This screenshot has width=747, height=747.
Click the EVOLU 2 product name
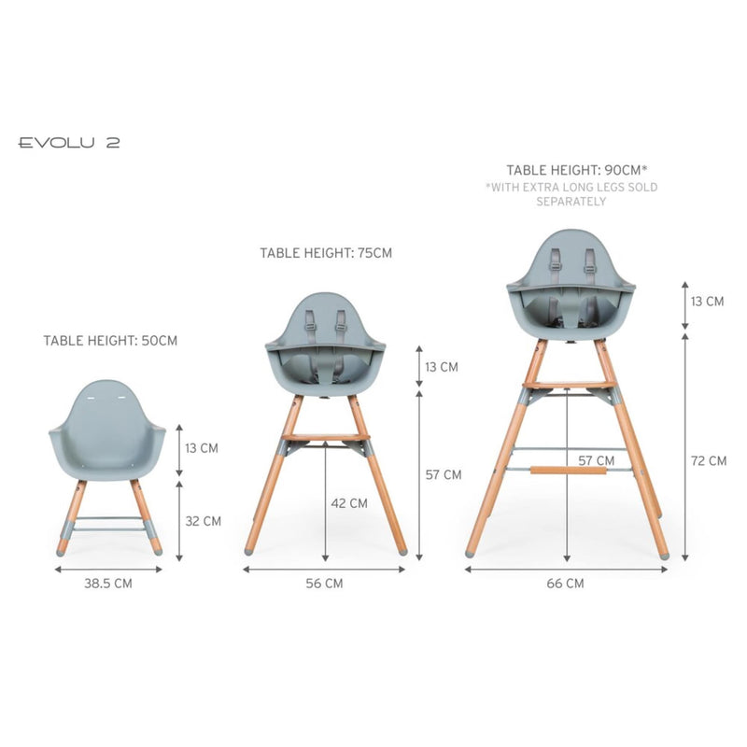coord(69,143)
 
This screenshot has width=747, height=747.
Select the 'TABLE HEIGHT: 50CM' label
coord(109,341)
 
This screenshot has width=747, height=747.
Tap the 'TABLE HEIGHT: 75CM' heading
coord(326,253)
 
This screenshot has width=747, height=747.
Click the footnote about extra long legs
coord(571,194)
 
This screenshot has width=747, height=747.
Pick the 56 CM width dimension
coord(324,584)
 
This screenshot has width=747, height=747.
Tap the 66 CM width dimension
coord(566,584)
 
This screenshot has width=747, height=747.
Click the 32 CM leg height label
coord(203,521)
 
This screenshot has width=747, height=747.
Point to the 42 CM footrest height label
coord(349,502)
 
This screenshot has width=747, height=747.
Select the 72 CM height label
coord(708,460)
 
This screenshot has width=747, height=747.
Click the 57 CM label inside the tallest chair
coord(596,460)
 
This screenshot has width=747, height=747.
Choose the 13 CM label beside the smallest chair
coord(201,448)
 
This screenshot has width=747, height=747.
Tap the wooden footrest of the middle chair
coord(326,437)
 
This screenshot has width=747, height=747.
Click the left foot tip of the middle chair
coord(249,551)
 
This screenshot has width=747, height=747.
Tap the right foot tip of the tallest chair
coord(664,554)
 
